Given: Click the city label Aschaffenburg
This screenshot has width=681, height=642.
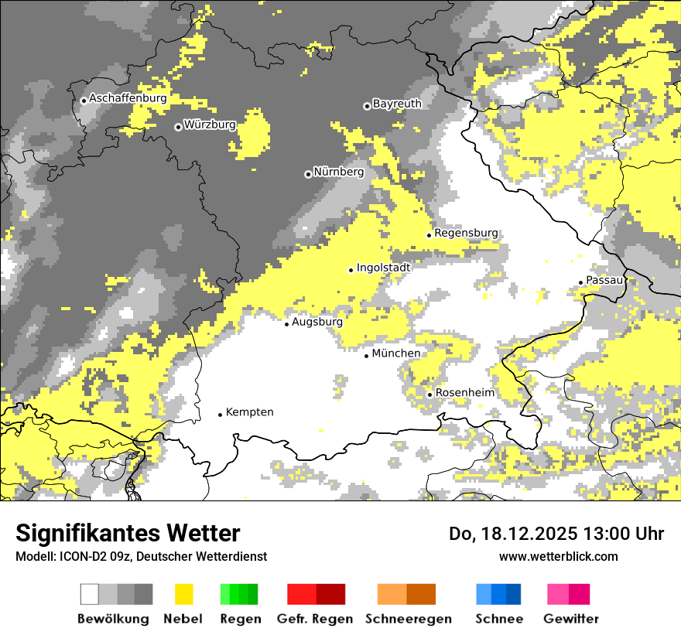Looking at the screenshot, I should [128, 98].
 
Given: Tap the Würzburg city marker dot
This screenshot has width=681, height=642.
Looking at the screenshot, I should [178, 127].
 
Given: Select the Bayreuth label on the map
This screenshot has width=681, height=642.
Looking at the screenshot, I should [397, 103].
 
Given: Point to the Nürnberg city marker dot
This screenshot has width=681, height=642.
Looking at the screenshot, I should [308, 174].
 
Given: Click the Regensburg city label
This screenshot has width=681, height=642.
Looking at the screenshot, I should [466, 233].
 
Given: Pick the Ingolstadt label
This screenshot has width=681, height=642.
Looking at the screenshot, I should [383, 267].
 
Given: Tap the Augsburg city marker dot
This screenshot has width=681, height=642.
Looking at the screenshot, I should [286, 324].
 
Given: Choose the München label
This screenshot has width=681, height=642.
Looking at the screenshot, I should [396, 353].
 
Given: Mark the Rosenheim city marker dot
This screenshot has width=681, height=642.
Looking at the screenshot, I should [429, 394].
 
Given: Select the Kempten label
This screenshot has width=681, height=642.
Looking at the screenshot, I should [249, 412].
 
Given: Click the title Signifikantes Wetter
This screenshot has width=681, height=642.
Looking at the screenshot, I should [128, 534].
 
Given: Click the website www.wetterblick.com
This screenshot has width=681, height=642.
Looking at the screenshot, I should [558, 556].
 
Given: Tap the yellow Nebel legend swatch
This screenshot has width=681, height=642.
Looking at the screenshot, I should [184, 594].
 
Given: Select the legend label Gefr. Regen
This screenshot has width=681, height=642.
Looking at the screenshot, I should [315, 619].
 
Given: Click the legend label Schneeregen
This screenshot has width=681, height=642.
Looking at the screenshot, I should [409, 619].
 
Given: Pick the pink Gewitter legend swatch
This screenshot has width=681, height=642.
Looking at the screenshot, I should [558, 594].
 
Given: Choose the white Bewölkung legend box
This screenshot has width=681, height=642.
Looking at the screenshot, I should [90, 594].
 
